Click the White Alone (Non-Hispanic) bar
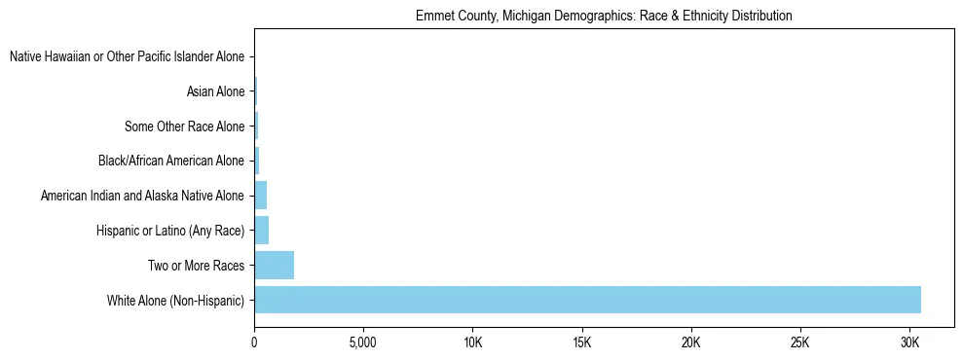pos(587,300)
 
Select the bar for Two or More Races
pos(274,265)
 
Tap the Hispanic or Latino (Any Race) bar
pos(261,231)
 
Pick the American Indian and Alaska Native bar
pos(260,196)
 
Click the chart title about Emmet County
pos(604,17)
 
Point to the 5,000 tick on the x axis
pos(363,343)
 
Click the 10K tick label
pos(472,343)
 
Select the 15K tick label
pos(581,343)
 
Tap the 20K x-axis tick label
pos(690,343)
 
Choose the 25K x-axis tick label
pos(799,343)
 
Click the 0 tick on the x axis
pos(254,343)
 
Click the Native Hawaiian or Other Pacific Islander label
pos(127,57)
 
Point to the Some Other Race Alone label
pos(184,126)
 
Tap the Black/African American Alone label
pos(170,161)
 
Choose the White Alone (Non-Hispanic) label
pos(175,300)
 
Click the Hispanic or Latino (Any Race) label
pos(170,231)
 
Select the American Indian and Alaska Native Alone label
pos(142,196)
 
